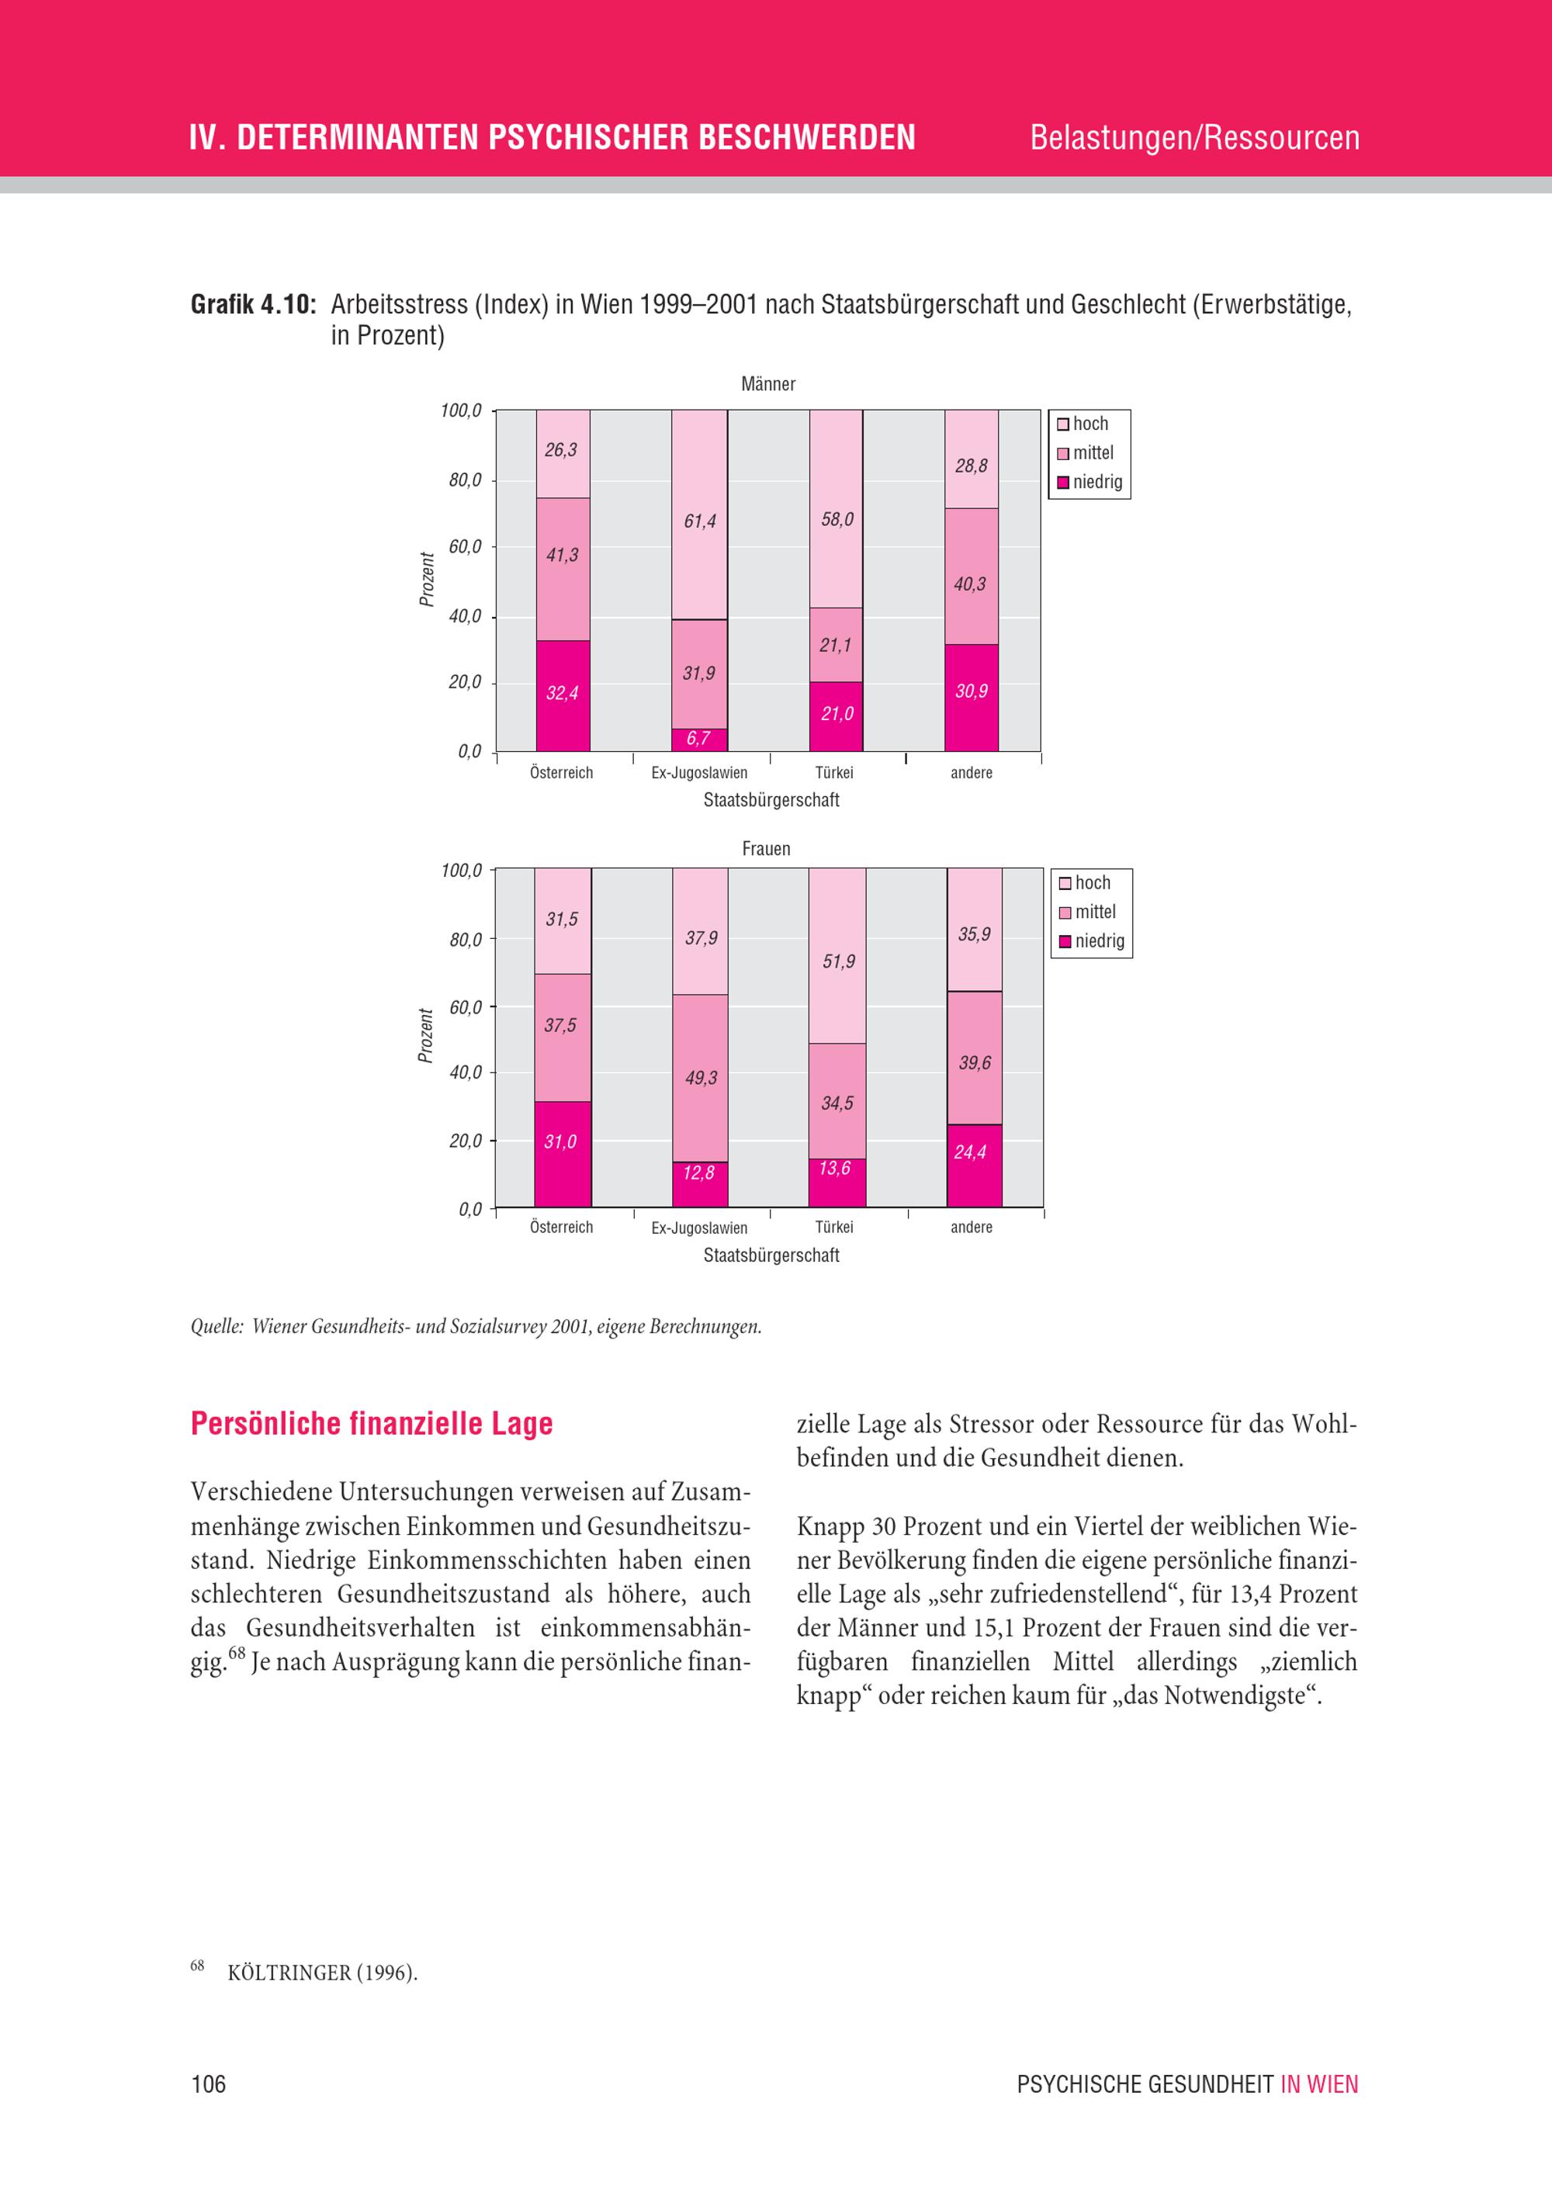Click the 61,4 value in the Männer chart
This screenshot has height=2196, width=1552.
point(699,521)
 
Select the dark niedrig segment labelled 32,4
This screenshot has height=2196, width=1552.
point(563,695)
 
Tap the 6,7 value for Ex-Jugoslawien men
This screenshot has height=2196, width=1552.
point(698,739)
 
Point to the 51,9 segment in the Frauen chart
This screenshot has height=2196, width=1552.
point(837,955)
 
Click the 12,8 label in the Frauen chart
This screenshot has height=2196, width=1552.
point(698,1172)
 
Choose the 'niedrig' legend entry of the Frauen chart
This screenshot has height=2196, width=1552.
point(1091,941)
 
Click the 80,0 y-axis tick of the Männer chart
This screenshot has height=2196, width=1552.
point(466,480)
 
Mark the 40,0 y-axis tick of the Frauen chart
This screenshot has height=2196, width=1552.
point(466,1072)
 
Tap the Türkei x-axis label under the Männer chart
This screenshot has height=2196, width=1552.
point(834,773)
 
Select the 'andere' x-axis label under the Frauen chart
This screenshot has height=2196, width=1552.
point(972,1227)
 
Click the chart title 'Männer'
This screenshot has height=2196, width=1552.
point(768,384)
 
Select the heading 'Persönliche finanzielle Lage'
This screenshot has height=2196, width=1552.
point(372,1423)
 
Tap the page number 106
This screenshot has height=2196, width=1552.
point(209,2084)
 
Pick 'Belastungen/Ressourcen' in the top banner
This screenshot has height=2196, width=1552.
point(1194,137)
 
